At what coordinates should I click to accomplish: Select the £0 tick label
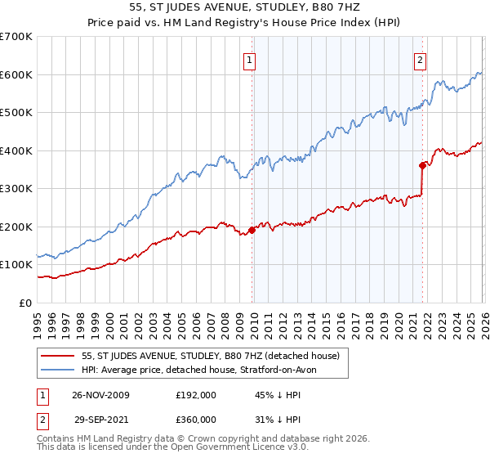[x=26, y=303]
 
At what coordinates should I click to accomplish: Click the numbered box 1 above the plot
[x=248, y=59]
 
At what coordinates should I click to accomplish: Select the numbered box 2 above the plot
[x=420, y=59]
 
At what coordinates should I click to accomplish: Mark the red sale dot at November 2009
[x=252, y=230]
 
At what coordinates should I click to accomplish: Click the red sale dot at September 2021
[x=422, y=165]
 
